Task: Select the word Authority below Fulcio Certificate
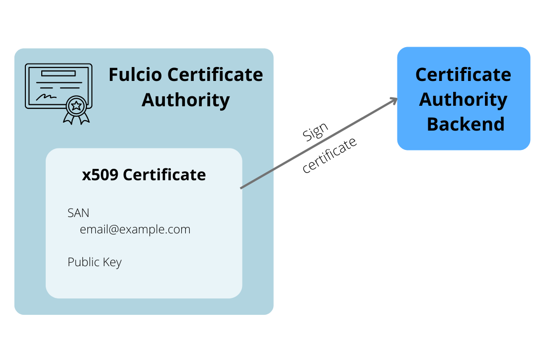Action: tap(185, 100)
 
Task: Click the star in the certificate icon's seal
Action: tap(76, 105)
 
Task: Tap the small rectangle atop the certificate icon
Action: tap(58, 73)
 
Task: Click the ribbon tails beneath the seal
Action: tap(76, 118)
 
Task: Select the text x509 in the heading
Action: tap(100, 175)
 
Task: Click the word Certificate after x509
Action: tap(164, 175)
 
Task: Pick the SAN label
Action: tap(78, 213)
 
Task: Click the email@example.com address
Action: tap(135, 229)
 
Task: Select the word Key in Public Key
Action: tap(112, 263)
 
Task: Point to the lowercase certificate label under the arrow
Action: tap(329, 155)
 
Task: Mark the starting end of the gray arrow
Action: tap(242, 188)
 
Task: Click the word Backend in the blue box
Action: tap(466, 124)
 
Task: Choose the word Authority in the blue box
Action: tap(463, 99)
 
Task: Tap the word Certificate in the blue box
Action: tap(463, 75)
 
